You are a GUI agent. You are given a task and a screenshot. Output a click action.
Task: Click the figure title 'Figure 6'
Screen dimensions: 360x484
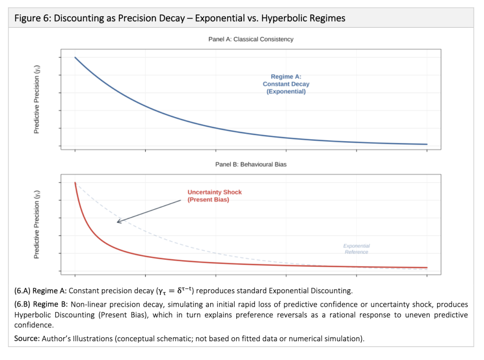[31, 18]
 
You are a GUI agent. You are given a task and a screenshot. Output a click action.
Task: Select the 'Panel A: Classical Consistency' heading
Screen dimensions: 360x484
[251, 39]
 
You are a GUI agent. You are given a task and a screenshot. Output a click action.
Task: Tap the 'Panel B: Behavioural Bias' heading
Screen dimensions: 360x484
[251, 164]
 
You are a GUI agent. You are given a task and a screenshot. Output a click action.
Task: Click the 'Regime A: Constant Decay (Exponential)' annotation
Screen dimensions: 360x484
[286, 84]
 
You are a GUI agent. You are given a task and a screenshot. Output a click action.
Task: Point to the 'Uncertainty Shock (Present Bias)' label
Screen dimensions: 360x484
[214, 196]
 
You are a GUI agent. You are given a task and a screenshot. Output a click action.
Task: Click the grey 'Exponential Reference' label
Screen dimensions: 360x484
[356, 249]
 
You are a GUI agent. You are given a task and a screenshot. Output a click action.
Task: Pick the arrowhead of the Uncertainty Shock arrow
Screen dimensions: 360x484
[118, 221]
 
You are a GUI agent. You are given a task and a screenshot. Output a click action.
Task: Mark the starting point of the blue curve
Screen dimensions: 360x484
[75, 57]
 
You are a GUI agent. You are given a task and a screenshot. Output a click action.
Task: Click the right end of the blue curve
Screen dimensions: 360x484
[427, 144]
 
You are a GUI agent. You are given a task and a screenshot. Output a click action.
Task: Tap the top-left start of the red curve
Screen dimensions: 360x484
[75, 182]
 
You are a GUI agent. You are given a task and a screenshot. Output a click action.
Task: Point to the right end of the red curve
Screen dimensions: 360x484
[427, 268]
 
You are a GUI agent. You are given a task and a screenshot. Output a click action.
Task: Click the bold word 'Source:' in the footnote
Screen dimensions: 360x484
[27, 339]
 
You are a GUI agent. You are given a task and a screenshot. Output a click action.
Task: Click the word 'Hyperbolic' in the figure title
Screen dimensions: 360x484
[279, 18]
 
